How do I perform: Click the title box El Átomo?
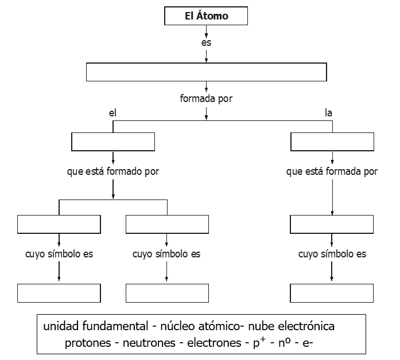[x=206, y=16]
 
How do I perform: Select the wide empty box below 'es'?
[x=206, y=72]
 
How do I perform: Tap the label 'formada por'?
[x=206, y=99]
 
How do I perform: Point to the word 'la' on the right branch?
[x=329, y=114]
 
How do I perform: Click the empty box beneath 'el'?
[x=113, y=142]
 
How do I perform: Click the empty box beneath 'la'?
[x=332, y=142]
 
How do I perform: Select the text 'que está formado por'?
[x=113, y=171]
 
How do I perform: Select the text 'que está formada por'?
[x=332, y=171]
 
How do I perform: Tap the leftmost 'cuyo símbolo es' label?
[x=59, y=254]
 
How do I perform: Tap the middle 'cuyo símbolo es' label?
[x=166, y=254]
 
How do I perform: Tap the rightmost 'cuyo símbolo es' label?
[x=332, y=254]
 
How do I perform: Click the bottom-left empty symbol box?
[x=59, y=292]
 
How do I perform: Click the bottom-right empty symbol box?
[x=332, y=292]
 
